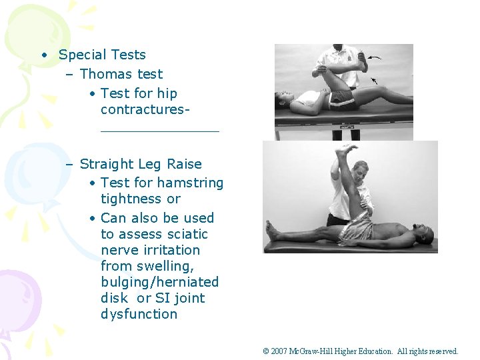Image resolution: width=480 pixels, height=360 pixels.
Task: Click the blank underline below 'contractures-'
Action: tap(159, 131)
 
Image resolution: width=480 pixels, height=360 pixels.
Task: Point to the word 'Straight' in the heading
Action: tap(107, 164)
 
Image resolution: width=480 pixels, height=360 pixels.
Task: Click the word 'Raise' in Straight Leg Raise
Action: tap(183, 164)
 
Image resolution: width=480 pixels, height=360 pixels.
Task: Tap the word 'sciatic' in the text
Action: tap(183, 234)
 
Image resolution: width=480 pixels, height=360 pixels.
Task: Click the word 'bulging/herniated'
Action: tap(159, 282)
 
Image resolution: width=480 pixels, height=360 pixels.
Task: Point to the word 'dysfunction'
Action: tap(139, 314)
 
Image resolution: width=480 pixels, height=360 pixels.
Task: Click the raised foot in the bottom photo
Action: tap(346, 149)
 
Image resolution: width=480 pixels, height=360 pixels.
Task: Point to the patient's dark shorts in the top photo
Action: tap(341, 98)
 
